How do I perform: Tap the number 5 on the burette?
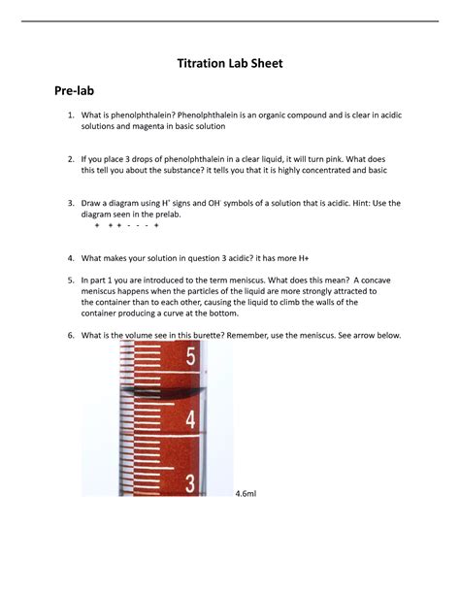191,357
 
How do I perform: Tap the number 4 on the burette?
191,420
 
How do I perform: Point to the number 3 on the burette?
191,482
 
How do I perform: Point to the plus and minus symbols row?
127,226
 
